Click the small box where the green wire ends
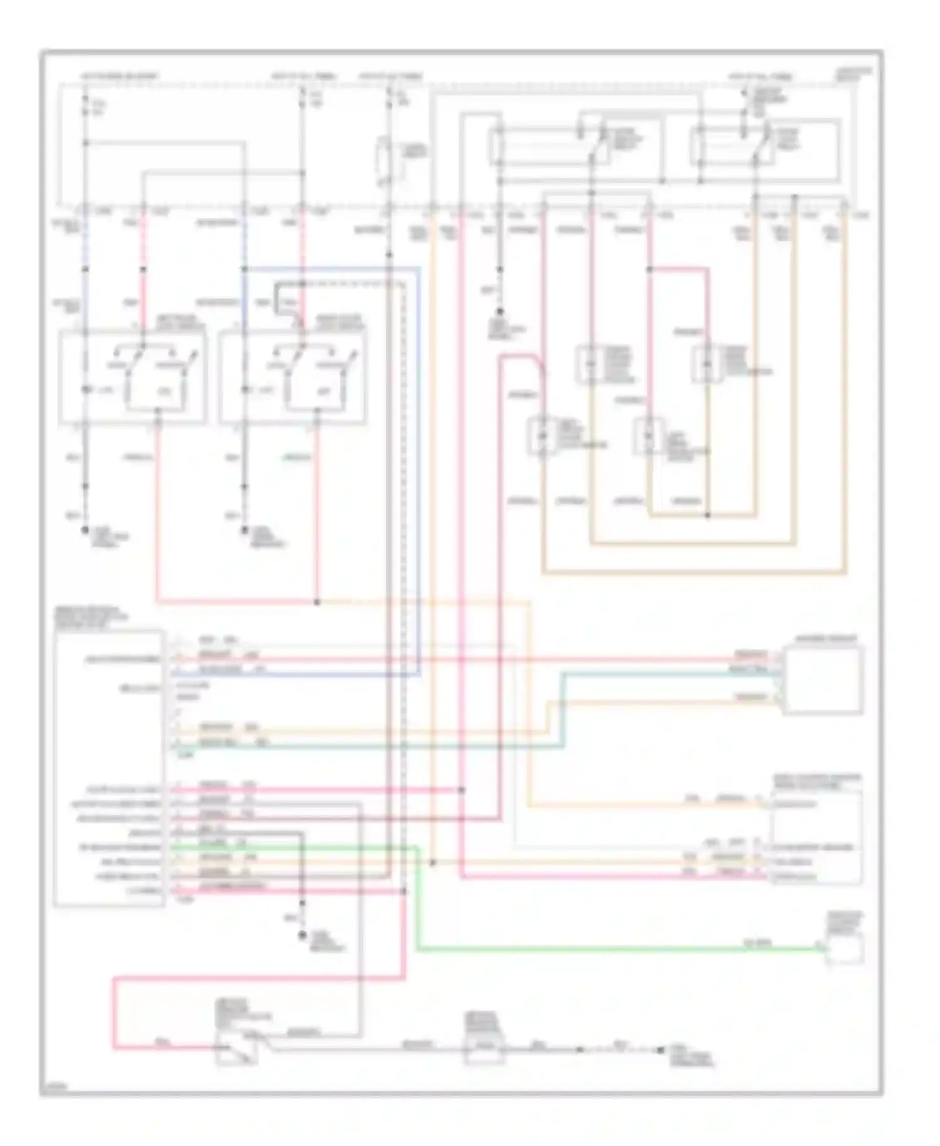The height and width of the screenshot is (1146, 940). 844,949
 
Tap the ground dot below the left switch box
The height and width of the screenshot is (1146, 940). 85,530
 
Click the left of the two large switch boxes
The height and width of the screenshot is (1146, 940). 132,377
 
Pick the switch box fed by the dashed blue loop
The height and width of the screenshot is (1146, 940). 292,377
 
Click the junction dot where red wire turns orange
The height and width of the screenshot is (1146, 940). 317,602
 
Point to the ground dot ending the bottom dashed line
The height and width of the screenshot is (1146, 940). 661,1049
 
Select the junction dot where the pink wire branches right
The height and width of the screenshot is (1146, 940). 649,270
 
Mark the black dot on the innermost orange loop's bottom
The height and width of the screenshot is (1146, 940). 708,515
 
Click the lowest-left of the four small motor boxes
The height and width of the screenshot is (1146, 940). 543,434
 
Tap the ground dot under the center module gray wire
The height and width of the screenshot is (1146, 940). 302,935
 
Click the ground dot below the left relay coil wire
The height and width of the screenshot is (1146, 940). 500,311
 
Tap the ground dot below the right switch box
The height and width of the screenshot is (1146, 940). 245,530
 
